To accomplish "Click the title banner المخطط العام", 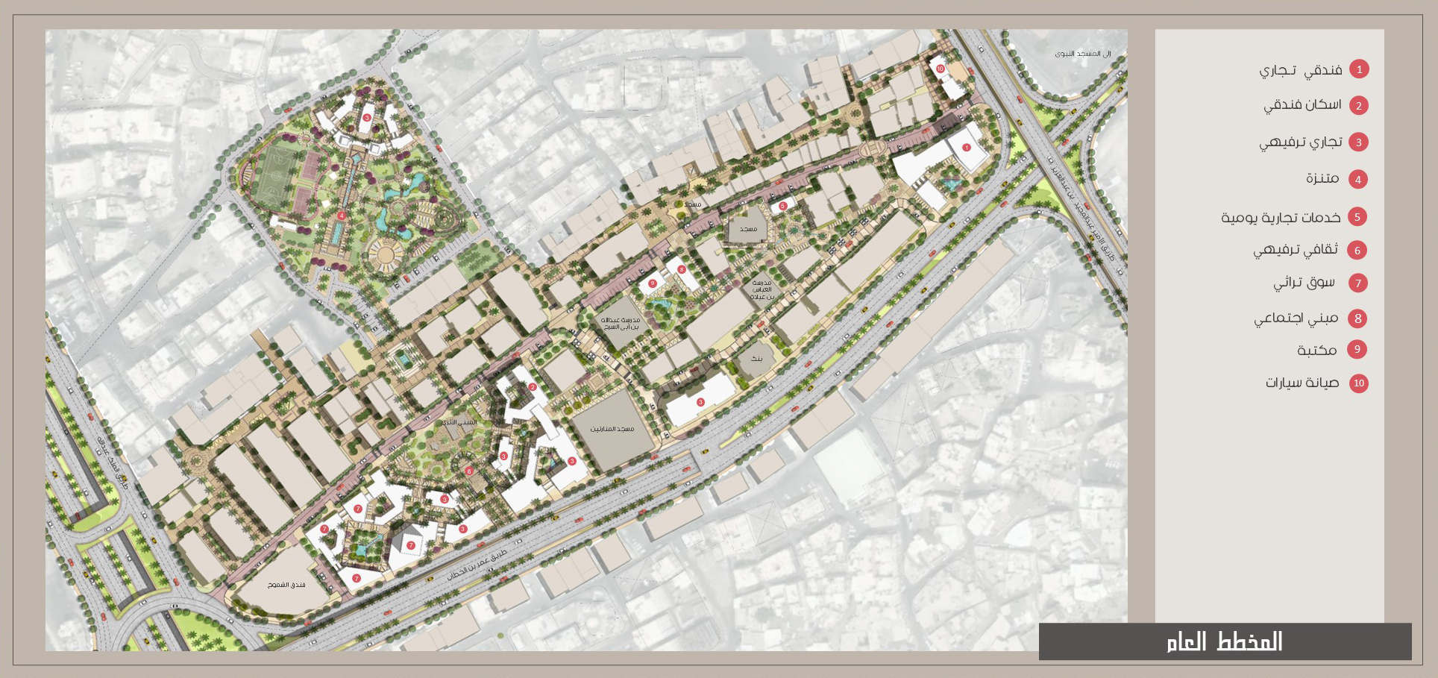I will pyautogui.click(x=1225, y=641).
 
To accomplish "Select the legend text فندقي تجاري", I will pyautogui.click(x=1301, y=70).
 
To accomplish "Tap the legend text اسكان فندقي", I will pyautogui.click(x=1302, y=105).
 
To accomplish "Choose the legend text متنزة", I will pyautogui.click(x=1322, y=178).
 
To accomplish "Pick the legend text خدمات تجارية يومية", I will pyautogui.click(x=1281, y=217).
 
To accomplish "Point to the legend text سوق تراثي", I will pyautogui.click(x=1304, y=283).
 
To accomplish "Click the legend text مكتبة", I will pyautogui.click(x=1316, y=350).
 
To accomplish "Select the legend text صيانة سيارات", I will pyautogui.click(x=1302, y=383).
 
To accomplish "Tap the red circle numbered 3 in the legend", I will pyautogui.click(x=1358, y=142).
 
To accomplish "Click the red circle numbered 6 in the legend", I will pyautogui.click(x=1357, y=251).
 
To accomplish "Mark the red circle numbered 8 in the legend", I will pyautogui.click(x=1358, y=318).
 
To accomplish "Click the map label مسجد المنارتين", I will pyautogui.click(x=612, y=429).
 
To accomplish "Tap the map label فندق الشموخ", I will pyautogui.click(x=286, y=585).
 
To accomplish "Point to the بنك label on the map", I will pyautogui.click(x=756, y=359).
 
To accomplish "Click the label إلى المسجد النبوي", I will pyautogui.click(x=1082, y=54).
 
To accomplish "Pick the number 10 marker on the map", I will pyautogui.click(x=940, y=69).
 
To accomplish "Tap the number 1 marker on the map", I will pyautogui.click(x=967, y=148).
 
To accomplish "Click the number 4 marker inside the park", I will pyautogui.click(x=341, y=216).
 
